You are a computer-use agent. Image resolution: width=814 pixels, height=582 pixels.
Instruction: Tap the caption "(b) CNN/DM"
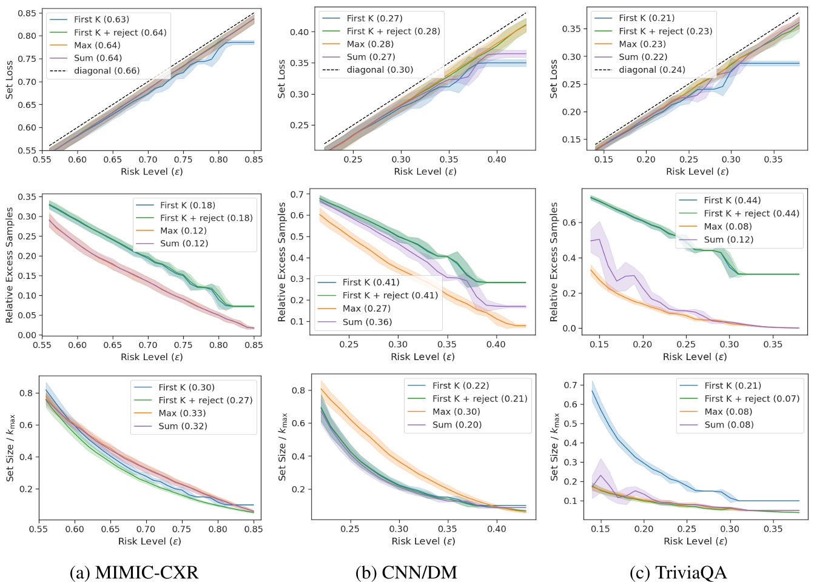click(406, 572)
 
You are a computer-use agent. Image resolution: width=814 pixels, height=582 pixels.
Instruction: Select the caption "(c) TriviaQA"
click(678, 572)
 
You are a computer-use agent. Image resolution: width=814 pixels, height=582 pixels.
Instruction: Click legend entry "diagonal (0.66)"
click(107, 71)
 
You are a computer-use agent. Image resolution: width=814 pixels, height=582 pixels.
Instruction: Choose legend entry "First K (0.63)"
click(101, 19)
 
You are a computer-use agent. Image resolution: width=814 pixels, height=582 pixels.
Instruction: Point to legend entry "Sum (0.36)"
click(367, 322)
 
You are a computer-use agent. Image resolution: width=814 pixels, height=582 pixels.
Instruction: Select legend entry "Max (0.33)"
click(182, 413)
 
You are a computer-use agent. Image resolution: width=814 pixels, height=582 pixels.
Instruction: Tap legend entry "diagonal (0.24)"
click(652, 70)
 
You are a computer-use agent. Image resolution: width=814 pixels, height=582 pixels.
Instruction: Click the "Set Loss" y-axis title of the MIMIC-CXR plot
click(9, 79)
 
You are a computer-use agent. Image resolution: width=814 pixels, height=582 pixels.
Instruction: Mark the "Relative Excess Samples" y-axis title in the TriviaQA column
click(554, 262)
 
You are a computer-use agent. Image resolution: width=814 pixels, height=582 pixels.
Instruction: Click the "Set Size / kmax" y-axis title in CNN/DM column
click(282, 447)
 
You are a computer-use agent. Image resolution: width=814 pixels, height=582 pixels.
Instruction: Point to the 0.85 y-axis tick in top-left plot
click(25, 13)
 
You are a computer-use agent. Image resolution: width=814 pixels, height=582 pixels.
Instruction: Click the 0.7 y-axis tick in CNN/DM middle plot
click(296, 195)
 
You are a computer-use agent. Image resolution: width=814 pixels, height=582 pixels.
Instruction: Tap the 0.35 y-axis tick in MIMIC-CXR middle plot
click(25, 197)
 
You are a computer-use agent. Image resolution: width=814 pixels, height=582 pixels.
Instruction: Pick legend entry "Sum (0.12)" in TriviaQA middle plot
click(728, 239)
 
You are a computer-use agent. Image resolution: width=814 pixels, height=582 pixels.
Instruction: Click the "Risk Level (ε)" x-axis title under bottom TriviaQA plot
click(695, 541)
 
